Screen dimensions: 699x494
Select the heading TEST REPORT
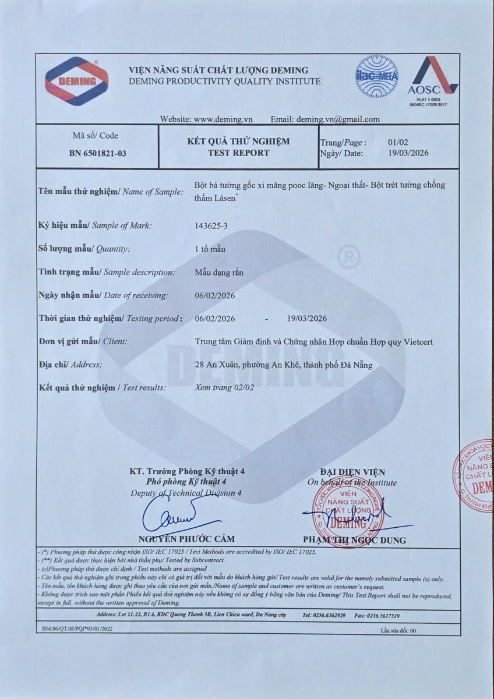pos(238,153)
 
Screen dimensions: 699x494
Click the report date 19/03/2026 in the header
pos(408,153)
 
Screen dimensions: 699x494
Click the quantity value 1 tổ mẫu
pos(210,249)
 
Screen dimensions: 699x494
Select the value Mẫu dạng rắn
pos(218,272)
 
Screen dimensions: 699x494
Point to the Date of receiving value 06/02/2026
pos(215,295)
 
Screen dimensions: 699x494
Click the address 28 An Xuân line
pos(283,365)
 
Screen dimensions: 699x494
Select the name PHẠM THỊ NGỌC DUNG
pos(354,540)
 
